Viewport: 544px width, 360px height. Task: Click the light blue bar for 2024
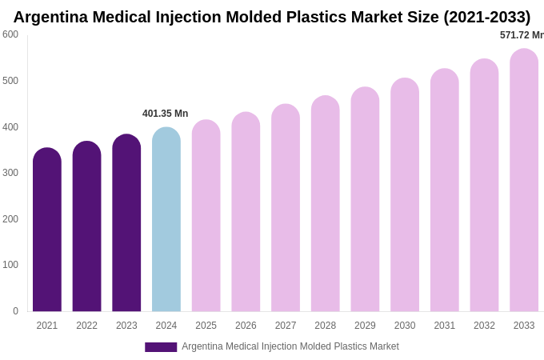(x=166, y=220)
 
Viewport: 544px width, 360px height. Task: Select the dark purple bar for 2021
(x=47, y=230)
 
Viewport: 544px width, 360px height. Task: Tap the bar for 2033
(x=524, y=181)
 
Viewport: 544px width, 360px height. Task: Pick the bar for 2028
(x=326, y=204)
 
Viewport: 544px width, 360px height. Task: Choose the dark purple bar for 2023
(x=126, y=223)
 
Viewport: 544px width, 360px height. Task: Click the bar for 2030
(x=405, y=195)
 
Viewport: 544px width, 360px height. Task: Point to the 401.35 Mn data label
(x=166, y=114)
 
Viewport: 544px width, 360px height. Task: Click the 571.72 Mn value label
(x=522, y=35)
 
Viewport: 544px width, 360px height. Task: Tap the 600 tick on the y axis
(x=10, y=34)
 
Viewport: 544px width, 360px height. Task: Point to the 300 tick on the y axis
(x=10, y=173)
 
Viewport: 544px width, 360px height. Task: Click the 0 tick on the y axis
(x=15, y=311)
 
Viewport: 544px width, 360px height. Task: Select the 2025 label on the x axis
(x=206, y=326)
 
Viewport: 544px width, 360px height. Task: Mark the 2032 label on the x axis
(x=484, y=326)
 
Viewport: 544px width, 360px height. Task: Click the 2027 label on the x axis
(x=286, y=326)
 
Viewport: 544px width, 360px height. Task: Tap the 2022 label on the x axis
(x=87, y=326)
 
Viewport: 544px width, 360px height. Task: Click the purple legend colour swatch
(x=161, y=347)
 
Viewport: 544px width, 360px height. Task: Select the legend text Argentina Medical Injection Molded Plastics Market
(x=290, y=346)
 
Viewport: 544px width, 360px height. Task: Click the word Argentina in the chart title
(x=53, y=17)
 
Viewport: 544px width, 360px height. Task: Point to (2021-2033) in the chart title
(x=487, y=17)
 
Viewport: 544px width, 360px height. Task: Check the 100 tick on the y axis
(x=10, y=265)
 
